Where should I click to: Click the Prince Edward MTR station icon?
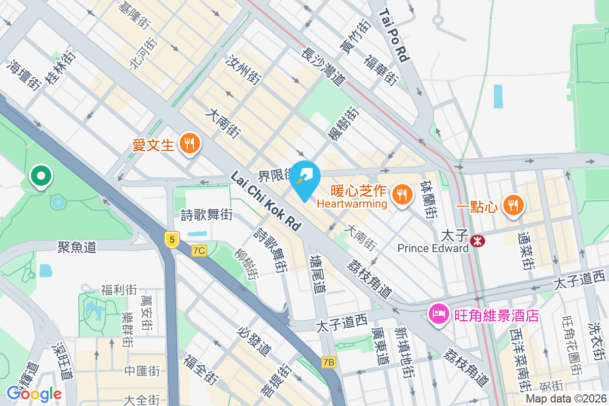[x=477, y=241]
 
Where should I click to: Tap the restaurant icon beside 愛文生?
[x=189, y=144]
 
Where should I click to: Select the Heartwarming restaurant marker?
[x=402, y=193]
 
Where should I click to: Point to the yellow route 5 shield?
[x=173, y=240]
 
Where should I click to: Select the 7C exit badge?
[x=199, y=250]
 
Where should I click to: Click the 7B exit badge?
[x=329, y=362]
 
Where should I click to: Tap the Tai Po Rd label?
[x=393, y=35]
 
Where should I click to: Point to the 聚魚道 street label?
[x=77, y=247]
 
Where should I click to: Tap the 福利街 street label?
[x=119, y=290]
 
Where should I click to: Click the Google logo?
[x=34, y=393]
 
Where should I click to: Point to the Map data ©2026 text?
[x=566, y=399]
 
